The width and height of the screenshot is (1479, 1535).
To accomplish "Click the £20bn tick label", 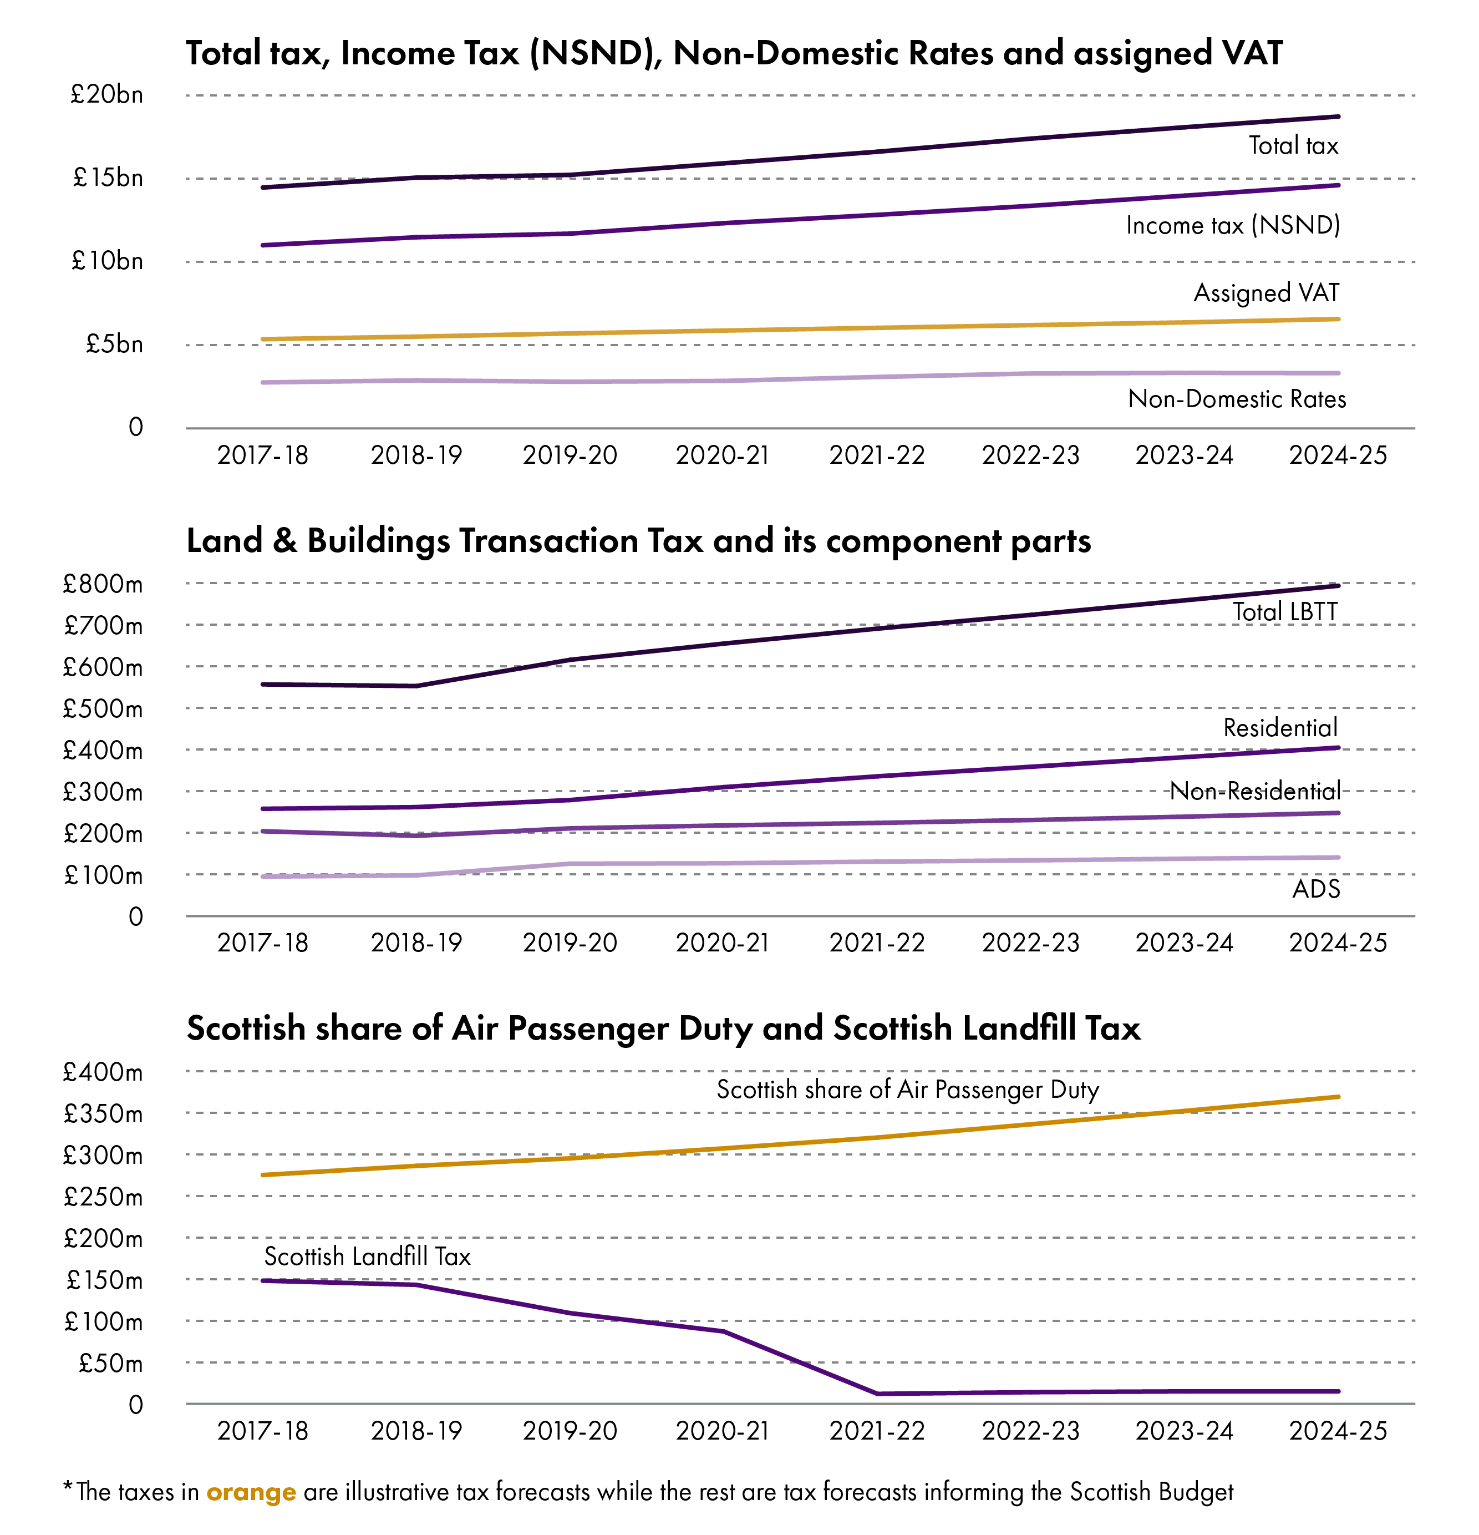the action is [x=106, y=95].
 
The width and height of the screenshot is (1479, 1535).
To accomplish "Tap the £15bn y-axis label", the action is [x=108, y=178].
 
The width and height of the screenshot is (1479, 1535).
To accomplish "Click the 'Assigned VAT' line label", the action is [x=1266, y=293].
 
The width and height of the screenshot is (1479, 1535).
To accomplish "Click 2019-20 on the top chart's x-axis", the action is [x=570, y=454].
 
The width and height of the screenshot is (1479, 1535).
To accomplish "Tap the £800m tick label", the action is [x=103, y=584].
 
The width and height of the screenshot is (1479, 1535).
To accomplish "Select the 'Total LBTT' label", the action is [x=1285, y=612].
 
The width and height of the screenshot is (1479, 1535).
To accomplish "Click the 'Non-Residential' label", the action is [x=1255, y=791].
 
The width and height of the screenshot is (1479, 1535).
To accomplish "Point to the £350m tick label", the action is [x=103, y=1113].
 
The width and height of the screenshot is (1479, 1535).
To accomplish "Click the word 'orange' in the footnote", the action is [x=251, y=1493].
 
